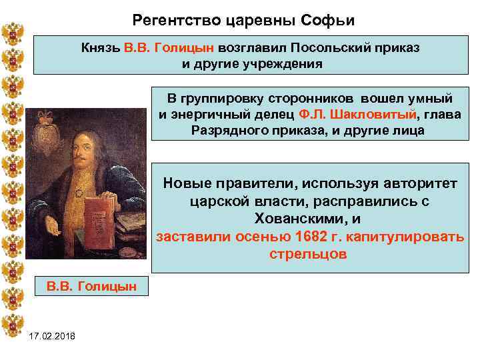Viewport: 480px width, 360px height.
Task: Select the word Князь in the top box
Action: tap(100, 48)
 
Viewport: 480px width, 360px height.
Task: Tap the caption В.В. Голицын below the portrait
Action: tap(91, 286)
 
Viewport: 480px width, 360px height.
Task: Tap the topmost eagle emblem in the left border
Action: tap(12, 34)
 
